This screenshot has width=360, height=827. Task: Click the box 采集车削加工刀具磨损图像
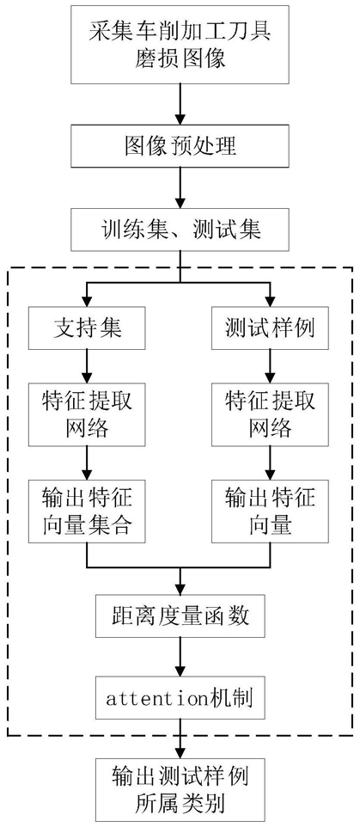180,45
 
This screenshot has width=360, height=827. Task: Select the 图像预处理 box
180,145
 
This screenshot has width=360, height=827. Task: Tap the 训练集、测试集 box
180,230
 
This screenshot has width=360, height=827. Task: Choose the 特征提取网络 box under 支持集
88,414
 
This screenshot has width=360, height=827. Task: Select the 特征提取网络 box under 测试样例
269,414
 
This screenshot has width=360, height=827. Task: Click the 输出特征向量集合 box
88,512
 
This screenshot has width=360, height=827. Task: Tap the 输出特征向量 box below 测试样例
269,512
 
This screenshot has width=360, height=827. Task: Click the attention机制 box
180,700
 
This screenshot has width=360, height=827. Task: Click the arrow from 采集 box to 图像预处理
180,104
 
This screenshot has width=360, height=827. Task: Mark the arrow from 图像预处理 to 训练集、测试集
180,187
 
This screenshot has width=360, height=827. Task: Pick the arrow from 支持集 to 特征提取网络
88,365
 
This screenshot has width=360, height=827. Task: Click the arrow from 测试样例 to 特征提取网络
269,365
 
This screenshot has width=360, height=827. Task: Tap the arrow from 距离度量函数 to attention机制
180,658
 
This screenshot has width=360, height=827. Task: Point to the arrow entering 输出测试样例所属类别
180,739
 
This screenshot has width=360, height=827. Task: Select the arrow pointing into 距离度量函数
180,582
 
